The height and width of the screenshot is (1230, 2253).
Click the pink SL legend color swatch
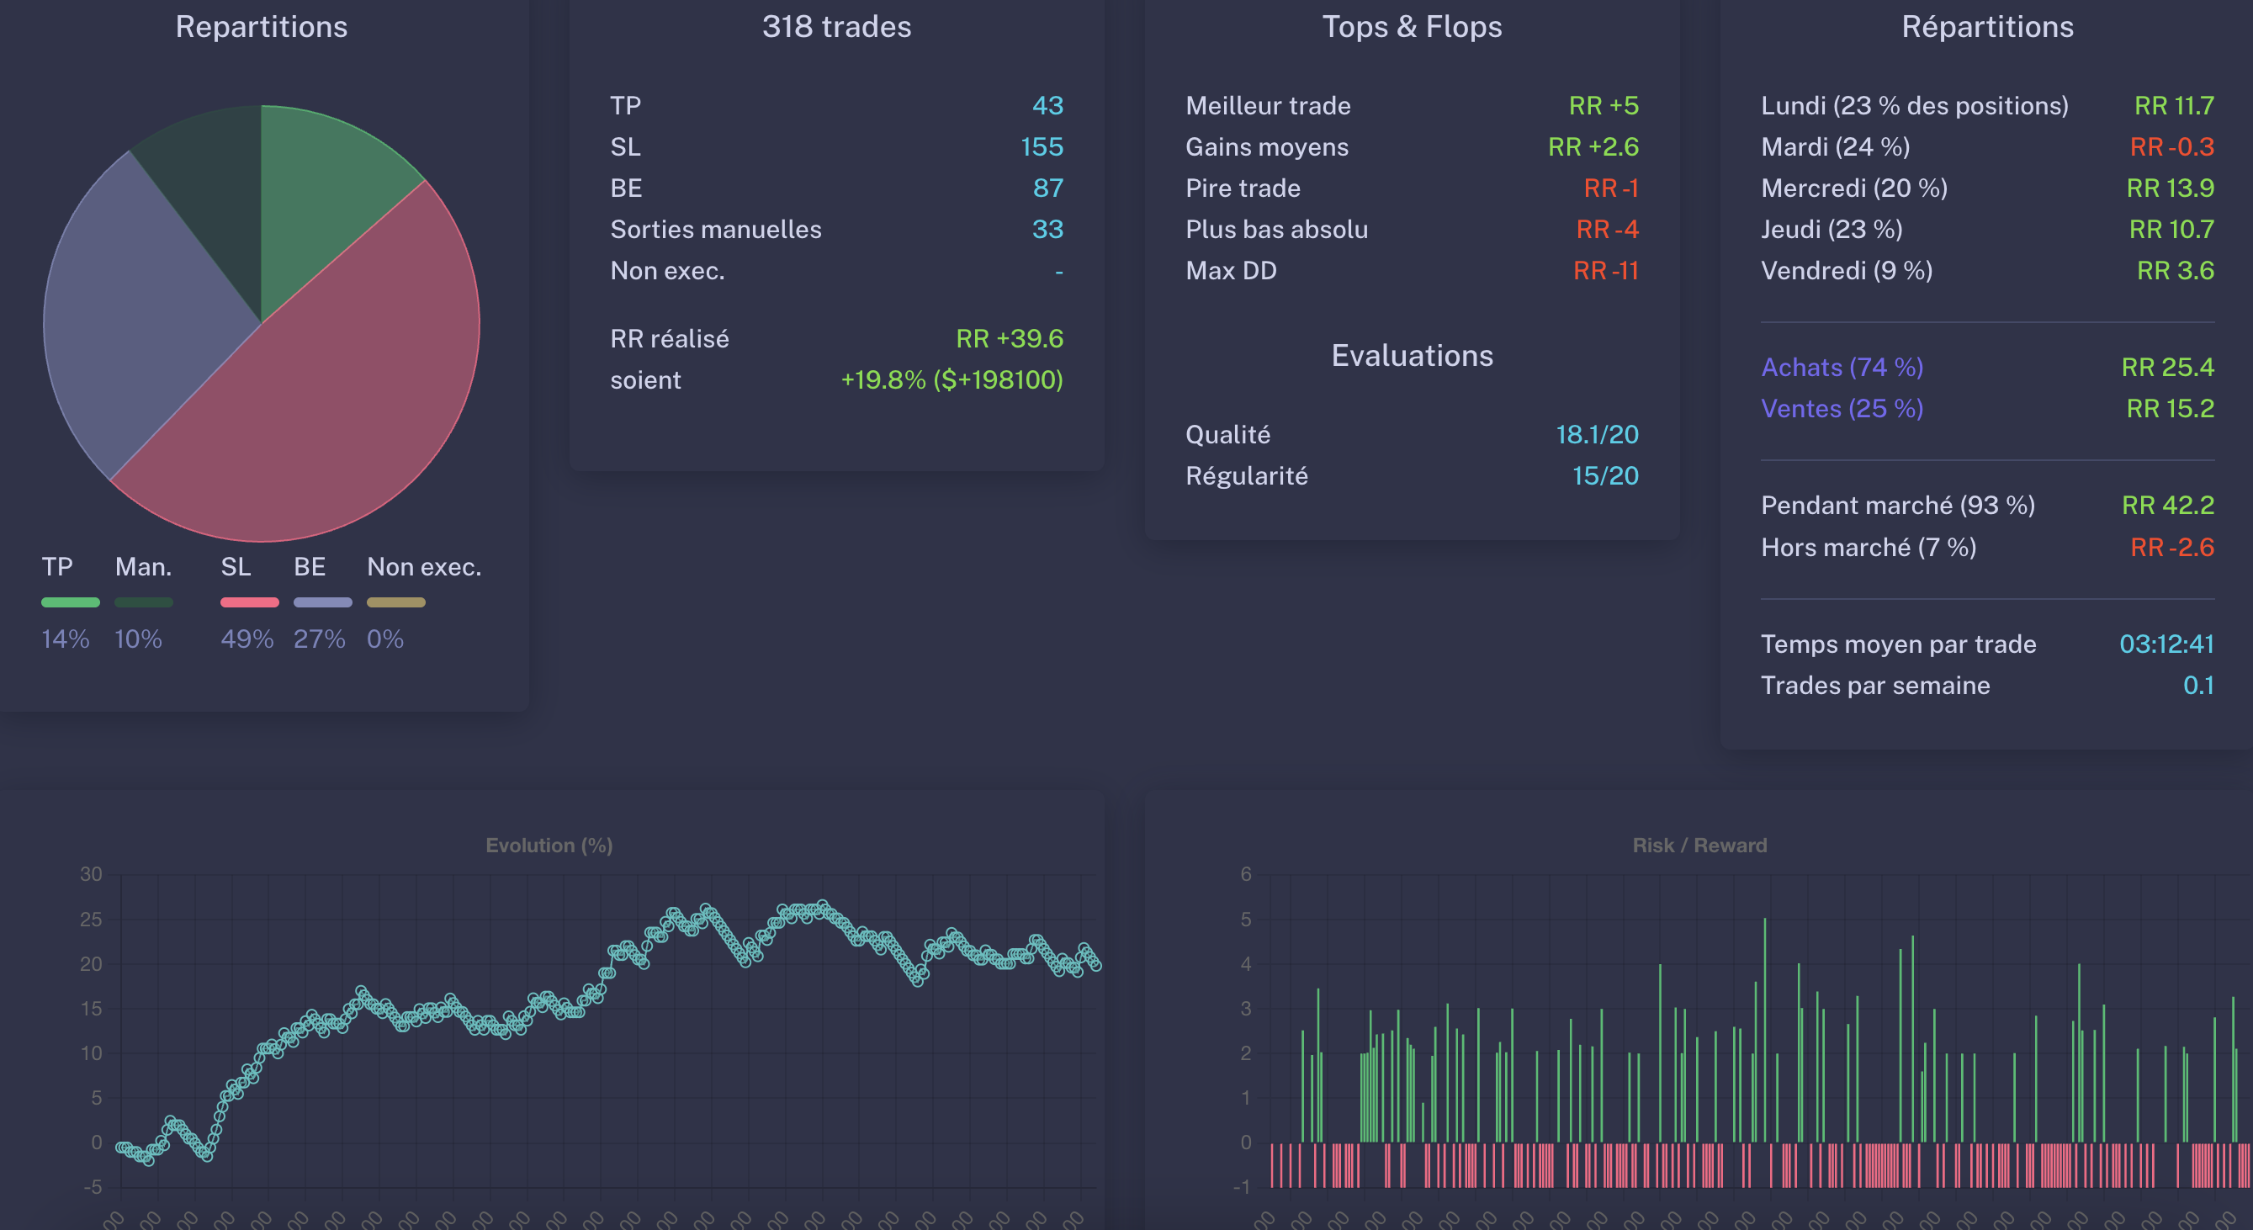point(249,602)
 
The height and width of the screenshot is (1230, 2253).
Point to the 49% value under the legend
point(247,639)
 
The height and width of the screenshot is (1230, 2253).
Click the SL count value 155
point(1041,147)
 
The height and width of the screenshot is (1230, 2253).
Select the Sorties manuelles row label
point(715,229)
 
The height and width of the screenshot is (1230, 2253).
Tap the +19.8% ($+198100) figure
point(951,379)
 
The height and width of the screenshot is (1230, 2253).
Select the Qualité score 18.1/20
point(1596,434)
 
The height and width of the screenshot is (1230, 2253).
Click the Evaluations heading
point(1412,355)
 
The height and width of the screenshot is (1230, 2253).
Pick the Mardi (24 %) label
point(1834,147)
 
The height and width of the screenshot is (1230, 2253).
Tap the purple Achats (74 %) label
point(1841,367)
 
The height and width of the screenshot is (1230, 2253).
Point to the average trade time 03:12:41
point(2166,644)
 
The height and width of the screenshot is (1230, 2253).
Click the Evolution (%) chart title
point(549,845)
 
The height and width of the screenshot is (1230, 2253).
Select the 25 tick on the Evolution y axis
point(91,920)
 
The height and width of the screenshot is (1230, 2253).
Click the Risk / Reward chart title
point(1699,845)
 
